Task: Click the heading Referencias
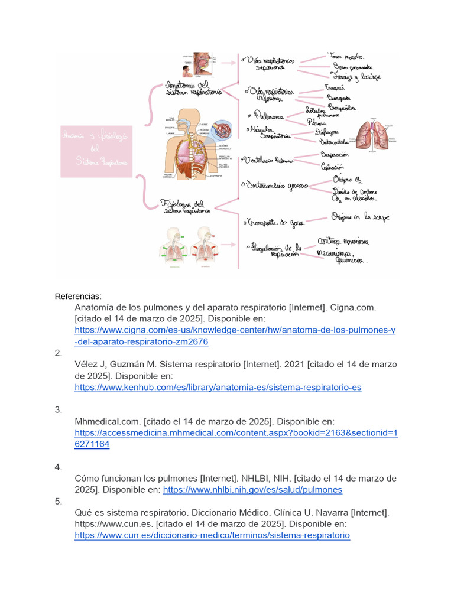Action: (77, 296)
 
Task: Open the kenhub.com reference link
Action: (218, 388)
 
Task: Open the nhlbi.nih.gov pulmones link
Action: (252, 490)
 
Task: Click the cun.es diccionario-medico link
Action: (212, 535)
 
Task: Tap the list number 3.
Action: (58, 409)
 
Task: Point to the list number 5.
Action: (58, 501)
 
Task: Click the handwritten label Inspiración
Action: (335, 155)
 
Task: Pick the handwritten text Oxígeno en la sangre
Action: (359, 217)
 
